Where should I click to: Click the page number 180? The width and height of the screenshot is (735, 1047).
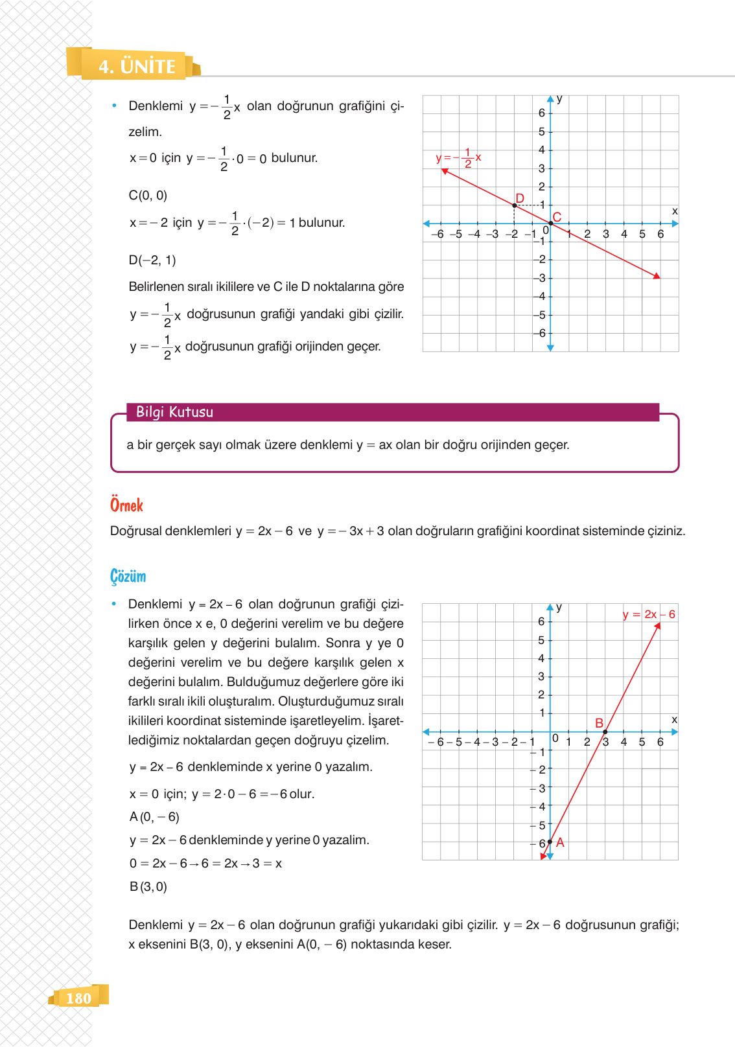[x=78, y=998]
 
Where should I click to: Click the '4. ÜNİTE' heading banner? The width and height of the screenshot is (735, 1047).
[x=137, y=66]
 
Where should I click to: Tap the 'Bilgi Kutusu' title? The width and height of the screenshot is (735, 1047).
[x=174, y=412]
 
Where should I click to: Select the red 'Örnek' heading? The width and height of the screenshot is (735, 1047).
[x=126, y=505]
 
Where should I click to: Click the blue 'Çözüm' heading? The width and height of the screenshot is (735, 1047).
[x=128, y=576]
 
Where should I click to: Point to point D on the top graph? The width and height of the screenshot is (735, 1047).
[x=514, y=205]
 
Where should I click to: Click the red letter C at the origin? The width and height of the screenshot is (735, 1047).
[x=557, y=217]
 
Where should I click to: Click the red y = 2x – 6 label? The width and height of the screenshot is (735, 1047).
[x=649, y=614]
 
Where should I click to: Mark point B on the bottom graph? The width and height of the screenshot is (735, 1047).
[x=605, y=731]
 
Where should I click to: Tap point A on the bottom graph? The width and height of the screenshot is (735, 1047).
[x=550, y=842]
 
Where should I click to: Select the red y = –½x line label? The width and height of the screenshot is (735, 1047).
[x=458, y=157]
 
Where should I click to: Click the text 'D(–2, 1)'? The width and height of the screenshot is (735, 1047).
[x=152, y=260]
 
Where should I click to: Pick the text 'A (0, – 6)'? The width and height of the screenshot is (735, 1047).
[x=154, y=817]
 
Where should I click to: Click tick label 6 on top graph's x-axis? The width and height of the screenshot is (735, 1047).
[x=660, y=234]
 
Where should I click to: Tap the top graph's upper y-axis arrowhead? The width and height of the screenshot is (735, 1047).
[x=550, y=99]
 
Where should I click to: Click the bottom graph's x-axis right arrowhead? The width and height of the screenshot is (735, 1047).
[x=675, y=731]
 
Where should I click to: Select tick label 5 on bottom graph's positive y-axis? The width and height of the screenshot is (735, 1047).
[x=541, y=640]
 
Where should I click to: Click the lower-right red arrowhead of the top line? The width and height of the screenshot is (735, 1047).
[x=657, y=276]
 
